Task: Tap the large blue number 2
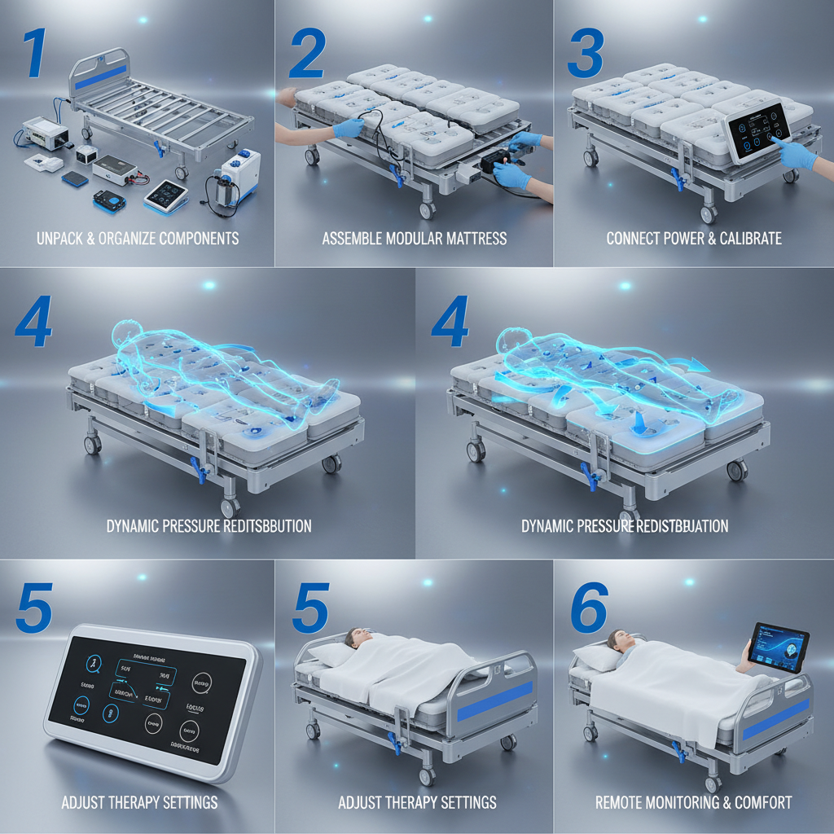click(x=307, y=55)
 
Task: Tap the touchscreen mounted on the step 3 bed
click(x=757, y=129)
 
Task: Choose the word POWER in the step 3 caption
click(x=691, y=239)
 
